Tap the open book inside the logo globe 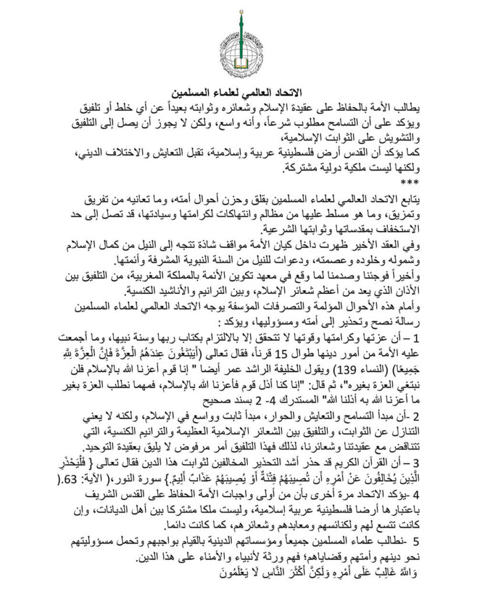238,58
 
